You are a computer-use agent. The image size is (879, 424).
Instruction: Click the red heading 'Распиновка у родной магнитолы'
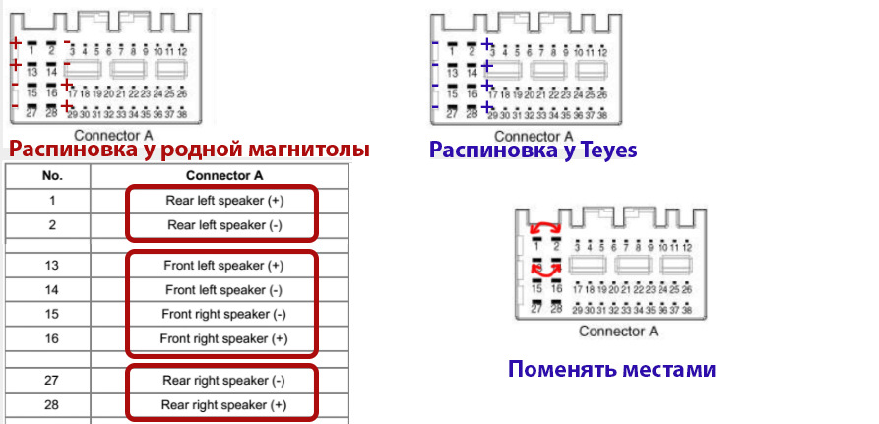189,150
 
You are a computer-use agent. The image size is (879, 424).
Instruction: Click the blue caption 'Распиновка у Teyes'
533,151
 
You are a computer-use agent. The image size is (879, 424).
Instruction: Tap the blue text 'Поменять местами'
611,370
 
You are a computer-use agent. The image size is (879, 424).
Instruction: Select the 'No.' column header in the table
51,176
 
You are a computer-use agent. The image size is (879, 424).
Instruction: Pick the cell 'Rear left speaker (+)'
222,201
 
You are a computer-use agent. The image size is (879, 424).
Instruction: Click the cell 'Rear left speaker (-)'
222,224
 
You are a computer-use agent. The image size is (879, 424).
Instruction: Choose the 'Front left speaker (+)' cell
222,266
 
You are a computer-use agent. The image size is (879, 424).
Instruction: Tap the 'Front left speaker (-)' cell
222,290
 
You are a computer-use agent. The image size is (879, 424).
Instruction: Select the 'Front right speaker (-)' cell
222,315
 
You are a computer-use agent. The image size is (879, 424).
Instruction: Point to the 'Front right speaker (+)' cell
222,339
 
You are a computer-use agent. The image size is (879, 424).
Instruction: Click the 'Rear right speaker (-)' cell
222,380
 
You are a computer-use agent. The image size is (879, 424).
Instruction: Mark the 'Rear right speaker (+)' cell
222,404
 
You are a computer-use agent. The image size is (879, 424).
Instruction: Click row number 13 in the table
51,266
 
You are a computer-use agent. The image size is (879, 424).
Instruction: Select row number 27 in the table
51,380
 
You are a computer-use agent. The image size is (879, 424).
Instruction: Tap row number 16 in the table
51,339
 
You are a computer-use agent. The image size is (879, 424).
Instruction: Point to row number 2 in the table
51,224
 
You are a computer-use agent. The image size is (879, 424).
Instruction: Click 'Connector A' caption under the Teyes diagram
533,136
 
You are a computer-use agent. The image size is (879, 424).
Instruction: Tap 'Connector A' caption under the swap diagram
617,331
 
